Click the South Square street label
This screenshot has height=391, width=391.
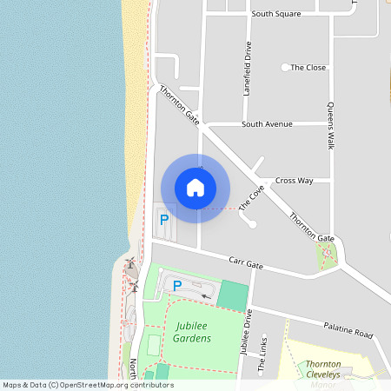[x=275, y=14]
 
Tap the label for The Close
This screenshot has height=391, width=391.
[x=308, y=67]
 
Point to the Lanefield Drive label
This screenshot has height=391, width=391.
[x=248, y=69]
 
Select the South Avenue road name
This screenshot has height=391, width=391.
[x=267, y=124]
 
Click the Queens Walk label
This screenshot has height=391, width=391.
[x=330, y=127]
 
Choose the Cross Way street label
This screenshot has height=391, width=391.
[x=294, y=181]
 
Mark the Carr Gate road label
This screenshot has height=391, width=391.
[x=245, y=261]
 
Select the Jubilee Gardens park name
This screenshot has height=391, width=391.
[x=192, y=332]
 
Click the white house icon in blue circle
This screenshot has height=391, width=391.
[x=195, y=188]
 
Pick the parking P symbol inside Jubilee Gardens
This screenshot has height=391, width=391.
[x=177, y=285]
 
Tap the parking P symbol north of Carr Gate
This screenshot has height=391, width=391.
[x=164, y=221]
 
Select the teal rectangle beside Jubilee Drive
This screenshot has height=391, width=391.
[x=232, y=295]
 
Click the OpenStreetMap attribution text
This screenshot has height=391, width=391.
[x=87, y=385]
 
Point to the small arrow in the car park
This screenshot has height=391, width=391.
[x=206, y=296]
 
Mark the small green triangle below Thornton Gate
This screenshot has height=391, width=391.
[x=328, y=254]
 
